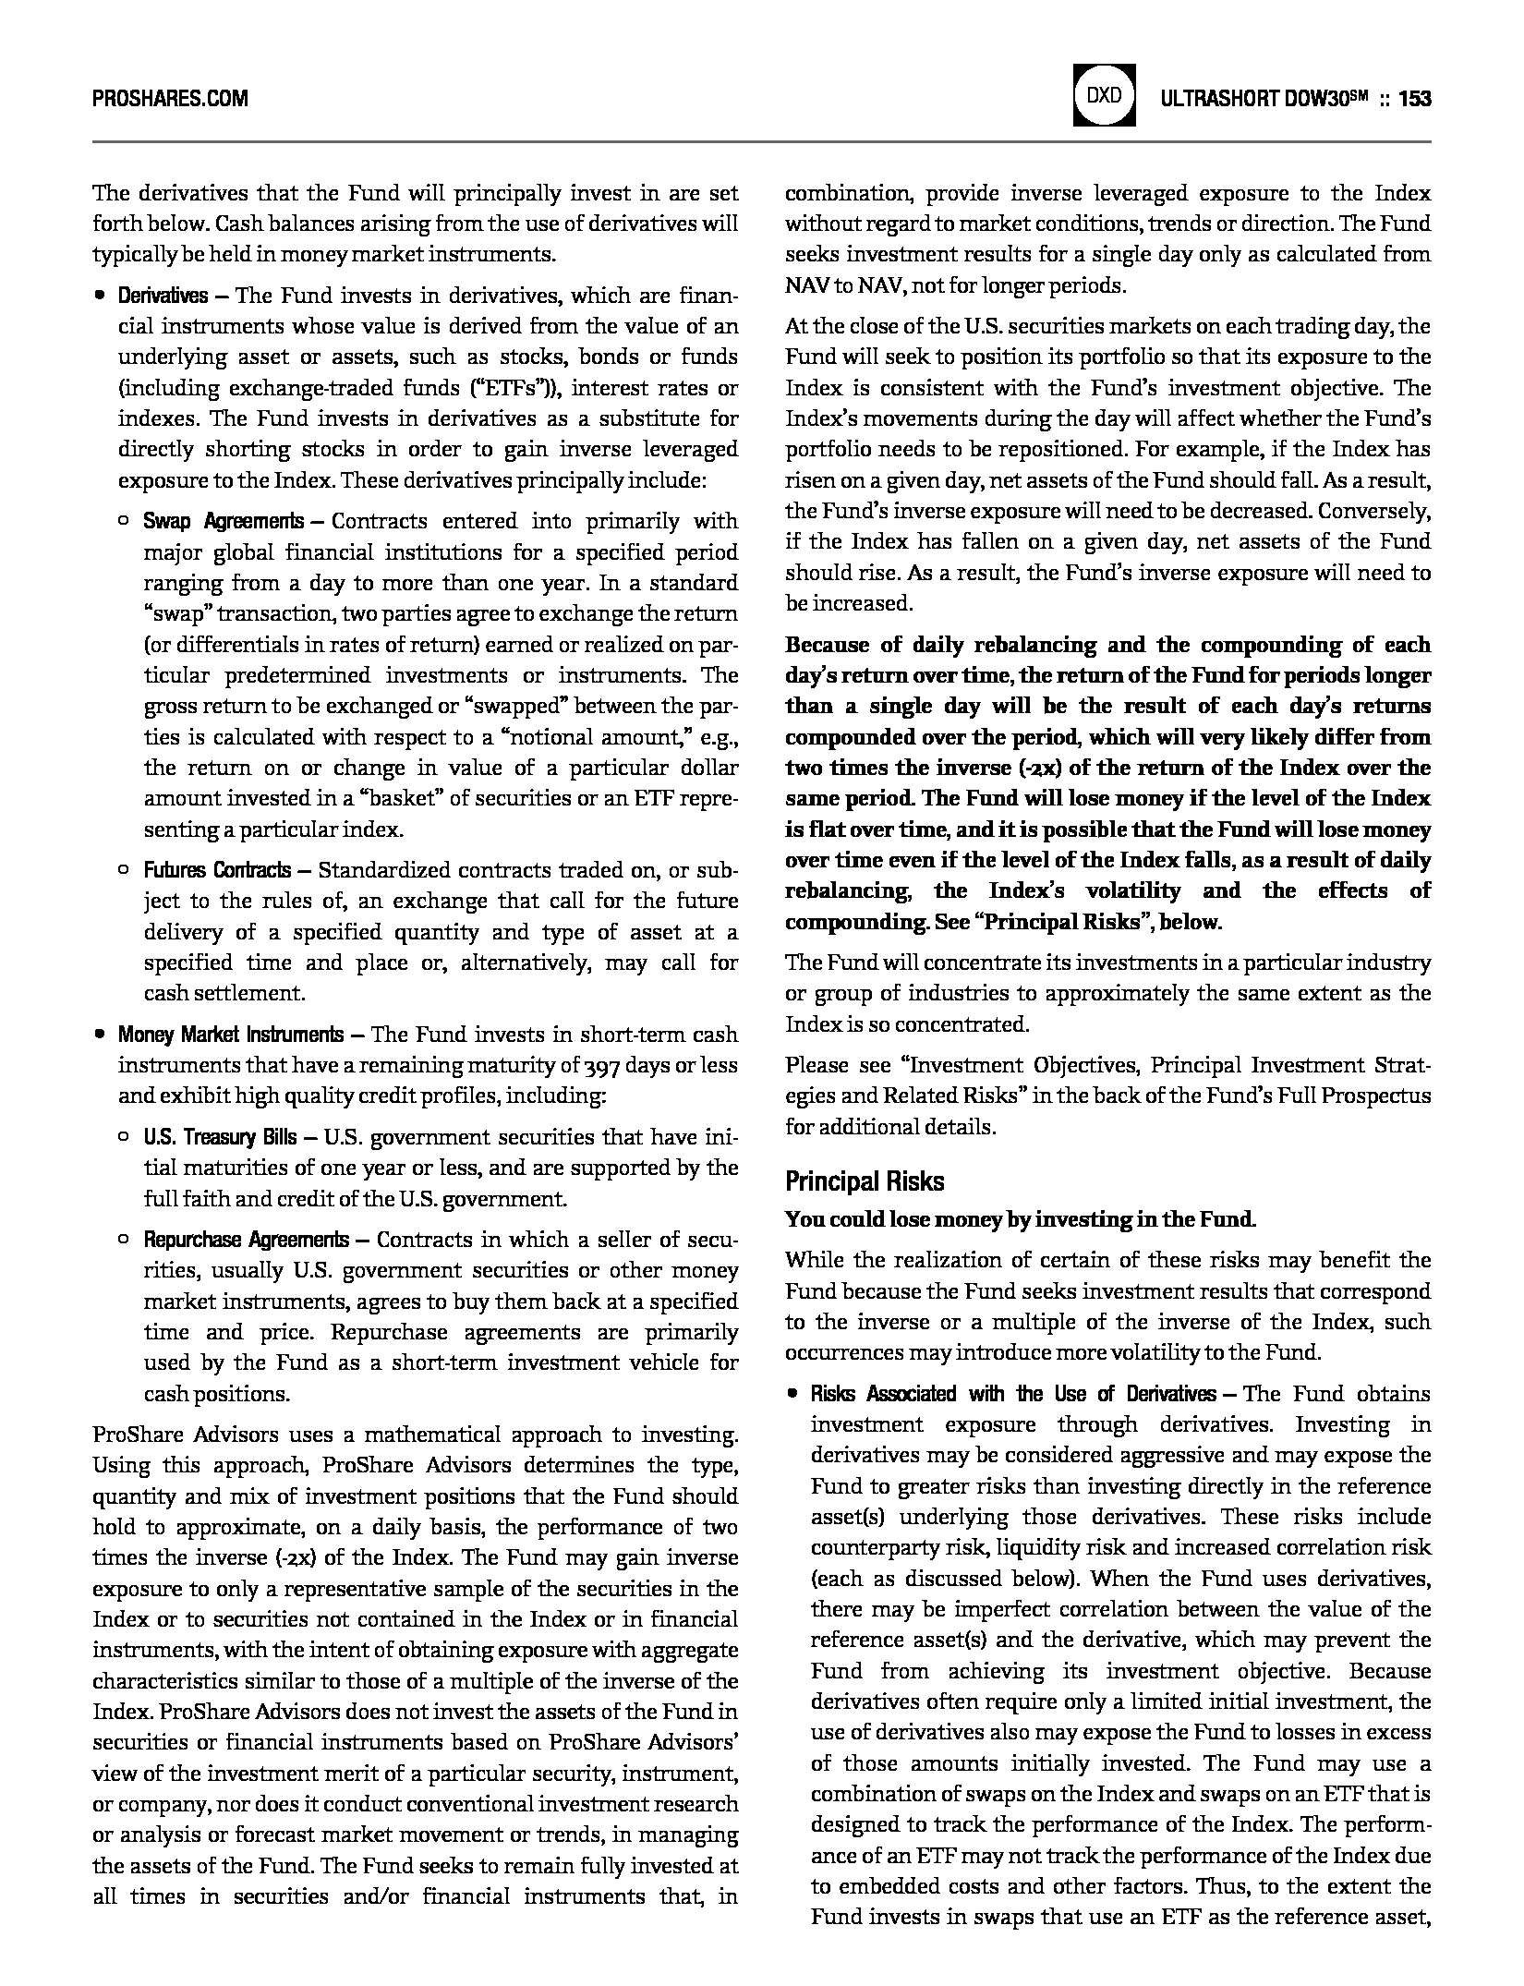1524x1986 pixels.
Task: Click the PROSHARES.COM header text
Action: click(170, 98)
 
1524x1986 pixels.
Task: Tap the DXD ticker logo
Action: click(1104, 96)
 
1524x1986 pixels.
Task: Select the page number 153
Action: click(1414, 98)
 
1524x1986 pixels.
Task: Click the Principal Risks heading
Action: click(865, 1181)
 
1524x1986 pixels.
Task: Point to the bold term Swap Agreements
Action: click(223, 521)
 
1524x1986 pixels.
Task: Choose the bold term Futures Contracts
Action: click(216, 870)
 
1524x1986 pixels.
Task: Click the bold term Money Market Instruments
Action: click(230, 1035)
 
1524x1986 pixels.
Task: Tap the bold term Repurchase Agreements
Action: click(246, 1240)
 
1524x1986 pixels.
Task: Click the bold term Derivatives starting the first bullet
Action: click(163, 296)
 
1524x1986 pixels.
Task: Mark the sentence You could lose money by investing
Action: click(1020, 1219)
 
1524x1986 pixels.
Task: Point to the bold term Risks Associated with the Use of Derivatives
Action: click(1012, 1394)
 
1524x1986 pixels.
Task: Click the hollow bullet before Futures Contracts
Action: click(124, 870)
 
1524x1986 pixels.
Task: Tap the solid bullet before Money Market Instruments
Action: click(98, 1035)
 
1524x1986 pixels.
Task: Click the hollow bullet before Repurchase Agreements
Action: click(124, 1240)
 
